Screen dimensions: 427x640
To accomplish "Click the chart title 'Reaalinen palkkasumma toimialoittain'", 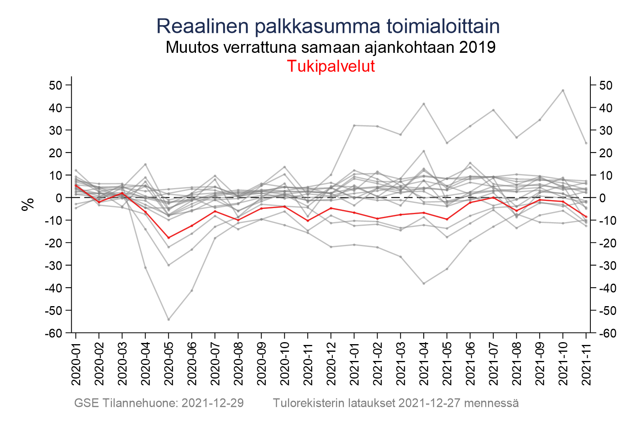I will [x=328, y=26].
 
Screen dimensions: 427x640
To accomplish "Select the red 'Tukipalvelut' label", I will [x=331, y=66].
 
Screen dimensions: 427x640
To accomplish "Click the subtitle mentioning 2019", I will [x=330, y=47].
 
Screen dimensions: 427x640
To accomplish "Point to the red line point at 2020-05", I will [x=169, y=238].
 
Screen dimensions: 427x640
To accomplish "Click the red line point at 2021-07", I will [x=493, y=197].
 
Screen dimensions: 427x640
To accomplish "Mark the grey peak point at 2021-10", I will [x=563, y=90].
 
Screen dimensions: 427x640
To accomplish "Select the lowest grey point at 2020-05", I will [x=169, y=319].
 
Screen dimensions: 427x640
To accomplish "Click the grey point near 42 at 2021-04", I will [x=424, y=104].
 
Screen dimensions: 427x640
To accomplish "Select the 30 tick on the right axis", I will [x=605, y=130].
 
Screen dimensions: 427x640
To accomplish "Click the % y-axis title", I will [x=27, y=204].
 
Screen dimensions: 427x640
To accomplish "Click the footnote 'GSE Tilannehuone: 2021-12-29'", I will [x=159, y=403].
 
